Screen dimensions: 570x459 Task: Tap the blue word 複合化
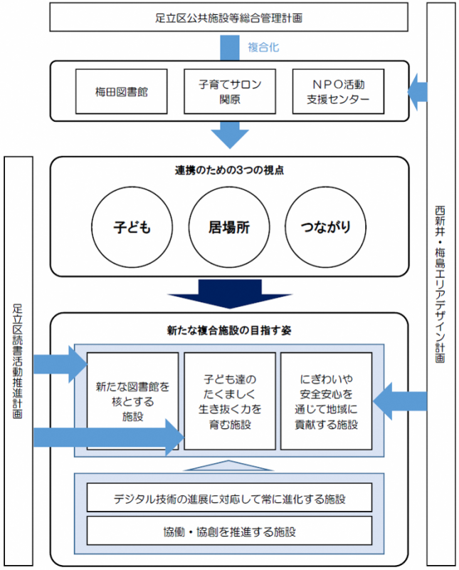(x=263, y=47)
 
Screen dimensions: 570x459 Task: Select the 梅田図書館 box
(x=122, y=92)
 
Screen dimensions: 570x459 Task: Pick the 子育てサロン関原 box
(x=229, y=92)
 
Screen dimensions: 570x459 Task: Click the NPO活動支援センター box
(x=338, y=92)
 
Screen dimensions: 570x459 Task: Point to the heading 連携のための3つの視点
(x=229, y=170)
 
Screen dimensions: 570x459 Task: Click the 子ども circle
(x=132, y=227)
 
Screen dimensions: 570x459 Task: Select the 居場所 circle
(x=229, y=227)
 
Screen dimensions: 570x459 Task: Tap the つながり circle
(x=325, y=227)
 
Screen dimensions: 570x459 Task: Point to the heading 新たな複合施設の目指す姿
(x=229, y=331)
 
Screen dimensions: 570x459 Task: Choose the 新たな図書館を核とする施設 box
(x=133, y=400)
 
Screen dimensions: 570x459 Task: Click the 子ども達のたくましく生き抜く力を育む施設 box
(x=229, y=400)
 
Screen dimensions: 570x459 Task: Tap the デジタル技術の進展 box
(x=229, y=497)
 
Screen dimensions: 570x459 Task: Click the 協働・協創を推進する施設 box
(x=229, y=532)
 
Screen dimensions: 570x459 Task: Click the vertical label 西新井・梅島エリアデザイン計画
(x=441, y=285)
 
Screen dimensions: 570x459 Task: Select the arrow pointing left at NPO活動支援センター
(x=418, y=92)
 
